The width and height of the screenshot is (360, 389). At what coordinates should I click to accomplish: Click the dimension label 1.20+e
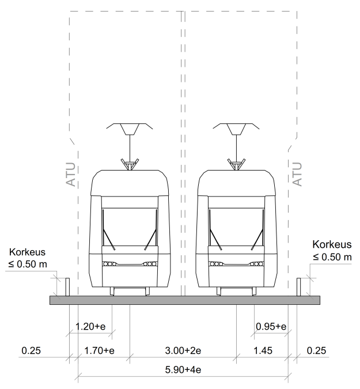[x=90, y=326]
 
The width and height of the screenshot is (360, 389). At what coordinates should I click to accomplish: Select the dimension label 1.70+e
[x=99, y=350]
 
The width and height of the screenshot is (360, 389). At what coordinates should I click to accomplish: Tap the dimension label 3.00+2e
[x=183, y=350]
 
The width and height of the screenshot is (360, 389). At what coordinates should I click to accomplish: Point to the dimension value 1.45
[x=263, y=350]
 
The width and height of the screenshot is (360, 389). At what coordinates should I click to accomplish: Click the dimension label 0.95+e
[x=271, y=326]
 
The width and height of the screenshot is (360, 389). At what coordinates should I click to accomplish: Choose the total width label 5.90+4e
[x=183, y=369]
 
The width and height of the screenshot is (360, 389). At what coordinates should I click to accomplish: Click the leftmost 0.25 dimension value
[x=31, y=350]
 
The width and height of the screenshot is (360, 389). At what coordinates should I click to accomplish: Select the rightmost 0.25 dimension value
[x=316, y=350]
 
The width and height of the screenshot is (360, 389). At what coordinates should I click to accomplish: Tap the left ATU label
[x=71, y=174]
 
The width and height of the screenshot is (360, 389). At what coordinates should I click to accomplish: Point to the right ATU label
[x=297, y=174]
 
